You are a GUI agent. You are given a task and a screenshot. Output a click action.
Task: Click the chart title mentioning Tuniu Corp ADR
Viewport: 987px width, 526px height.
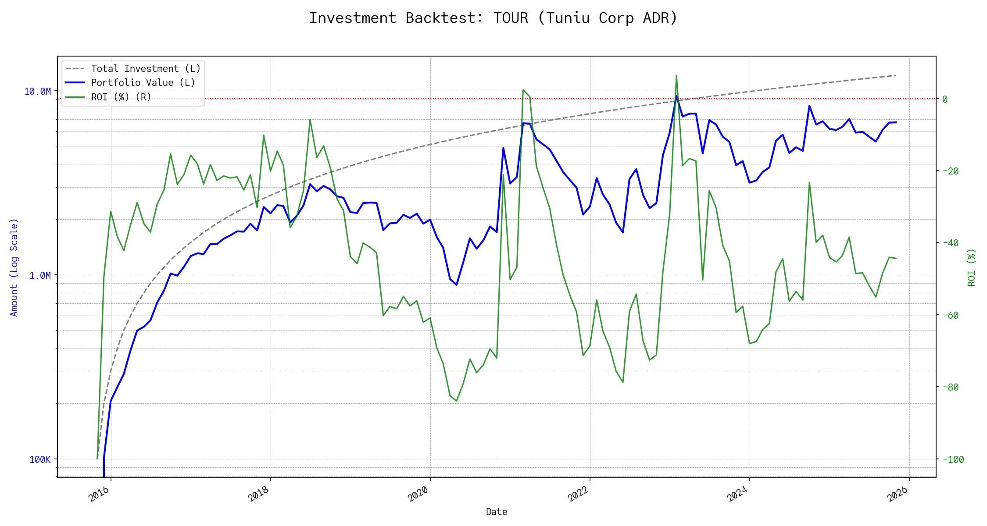click(x=493, y=18)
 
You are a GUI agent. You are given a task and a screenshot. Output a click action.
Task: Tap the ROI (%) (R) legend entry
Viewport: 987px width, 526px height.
click(x=121, y=97)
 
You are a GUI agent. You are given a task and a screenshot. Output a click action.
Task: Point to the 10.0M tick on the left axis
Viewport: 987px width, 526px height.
click(x=37, y=91)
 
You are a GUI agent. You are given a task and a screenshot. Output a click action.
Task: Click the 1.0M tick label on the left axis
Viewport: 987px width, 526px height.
click(x=40, y=275)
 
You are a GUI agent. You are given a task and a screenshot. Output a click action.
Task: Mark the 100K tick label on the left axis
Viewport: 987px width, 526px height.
click(x=40, y=459)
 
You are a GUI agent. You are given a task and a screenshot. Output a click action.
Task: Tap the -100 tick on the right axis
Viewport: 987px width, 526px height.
click(x=952, y=459)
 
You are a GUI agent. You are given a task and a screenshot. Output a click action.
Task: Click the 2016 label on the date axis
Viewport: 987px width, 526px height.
click(x=99, y=494)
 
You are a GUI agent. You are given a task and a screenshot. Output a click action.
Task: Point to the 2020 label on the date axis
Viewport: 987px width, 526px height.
click(x=418, y=494)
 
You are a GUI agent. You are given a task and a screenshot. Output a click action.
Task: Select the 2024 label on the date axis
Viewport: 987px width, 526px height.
click(x=737, y=494)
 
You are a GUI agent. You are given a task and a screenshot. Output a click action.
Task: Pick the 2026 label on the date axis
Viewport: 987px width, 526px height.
click(x=897, y=494)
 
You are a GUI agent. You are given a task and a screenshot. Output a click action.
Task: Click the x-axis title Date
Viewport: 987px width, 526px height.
click(x=497, y=512)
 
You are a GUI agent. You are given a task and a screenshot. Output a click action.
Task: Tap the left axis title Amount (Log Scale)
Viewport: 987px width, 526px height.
click(x=14, y=267)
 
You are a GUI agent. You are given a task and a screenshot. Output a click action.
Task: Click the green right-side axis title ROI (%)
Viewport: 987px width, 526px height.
click(x=972, y=267)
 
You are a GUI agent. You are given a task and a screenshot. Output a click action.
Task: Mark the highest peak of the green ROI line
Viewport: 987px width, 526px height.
click(x=676, y=75)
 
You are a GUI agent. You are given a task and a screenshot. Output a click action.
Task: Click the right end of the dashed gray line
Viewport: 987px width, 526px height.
click(x=896, y=75)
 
